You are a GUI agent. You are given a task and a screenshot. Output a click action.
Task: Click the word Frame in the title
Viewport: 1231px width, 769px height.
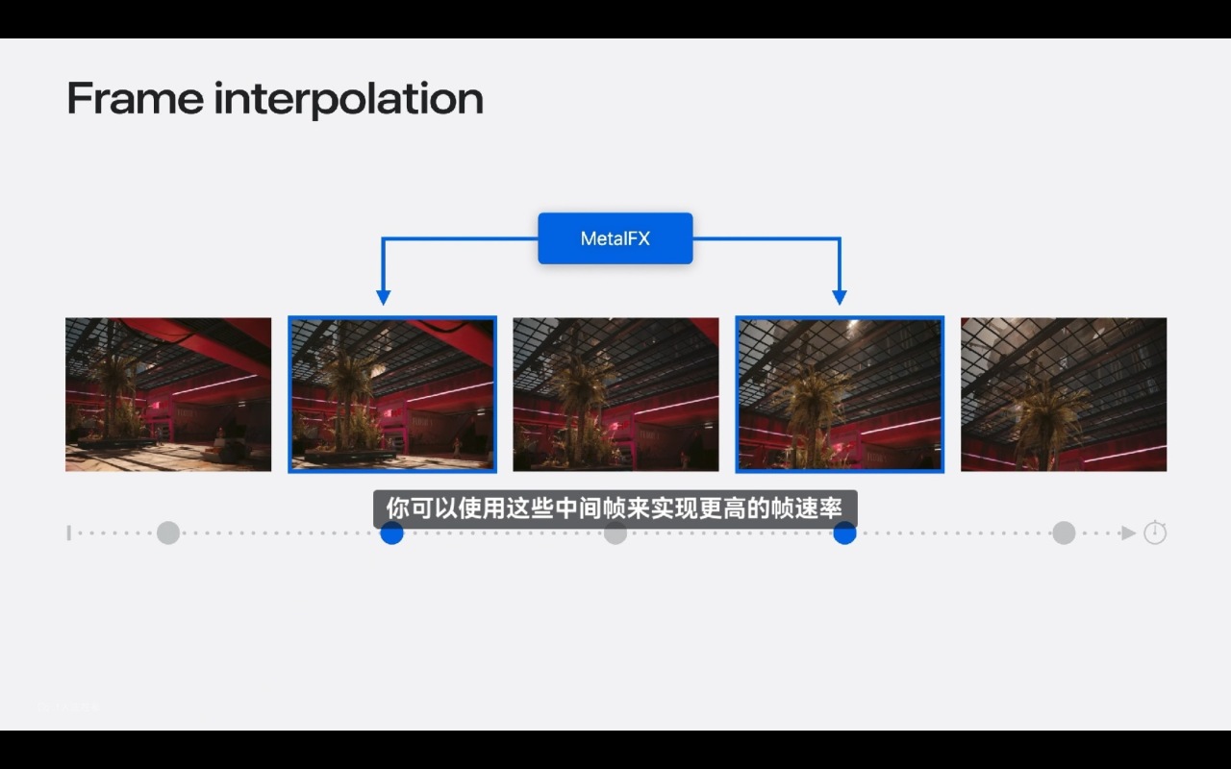(x=136, y=98)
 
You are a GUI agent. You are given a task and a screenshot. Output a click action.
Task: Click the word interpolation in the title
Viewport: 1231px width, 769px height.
(x=349, y=99)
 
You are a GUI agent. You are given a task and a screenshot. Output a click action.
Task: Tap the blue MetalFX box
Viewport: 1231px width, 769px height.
(x=615, y=238)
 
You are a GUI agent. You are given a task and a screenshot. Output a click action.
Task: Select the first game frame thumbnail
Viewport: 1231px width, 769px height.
(x=168, y=394)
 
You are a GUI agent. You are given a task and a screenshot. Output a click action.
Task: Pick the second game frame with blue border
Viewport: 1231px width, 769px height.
(x=392, y=394)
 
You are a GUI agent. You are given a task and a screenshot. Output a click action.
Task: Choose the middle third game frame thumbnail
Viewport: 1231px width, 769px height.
(x=615, y=394)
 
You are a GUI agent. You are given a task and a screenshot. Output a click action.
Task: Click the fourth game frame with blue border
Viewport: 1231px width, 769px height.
(x=840, y=394)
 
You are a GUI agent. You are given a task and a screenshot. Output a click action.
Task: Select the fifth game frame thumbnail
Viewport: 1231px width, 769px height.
(x=1064, y=394)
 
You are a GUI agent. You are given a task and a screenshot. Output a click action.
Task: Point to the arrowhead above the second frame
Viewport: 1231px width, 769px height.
(x=383, y=298)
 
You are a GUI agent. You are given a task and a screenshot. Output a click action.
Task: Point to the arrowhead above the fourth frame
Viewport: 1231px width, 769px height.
(x=840, y=298)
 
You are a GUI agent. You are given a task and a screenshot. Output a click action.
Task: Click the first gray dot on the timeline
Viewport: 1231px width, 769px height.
(x=168, y=533)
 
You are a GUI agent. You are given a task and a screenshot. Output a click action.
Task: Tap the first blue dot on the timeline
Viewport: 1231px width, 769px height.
(x=391, y=533)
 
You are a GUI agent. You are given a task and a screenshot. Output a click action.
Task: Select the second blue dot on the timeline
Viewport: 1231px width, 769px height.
(x=844, y=533)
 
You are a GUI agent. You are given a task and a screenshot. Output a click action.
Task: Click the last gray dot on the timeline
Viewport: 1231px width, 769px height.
(x=1064, y=533)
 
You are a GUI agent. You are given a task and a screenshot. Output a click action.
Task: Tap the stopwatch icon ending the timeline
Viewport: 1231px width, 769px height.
(x=1155, y=533)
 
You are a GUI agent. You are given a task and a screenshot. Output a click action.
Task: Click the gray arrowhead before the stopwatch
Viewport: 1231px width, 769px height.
(x=1128, y=533)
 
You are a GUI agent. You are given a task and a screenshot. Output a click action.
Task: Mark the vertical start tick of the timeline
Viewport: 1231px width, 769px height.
(x=68, y=533)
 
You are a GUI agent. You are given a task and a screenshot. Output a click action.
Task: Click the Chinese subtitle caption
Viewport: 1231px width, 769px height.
(x=615, y=509)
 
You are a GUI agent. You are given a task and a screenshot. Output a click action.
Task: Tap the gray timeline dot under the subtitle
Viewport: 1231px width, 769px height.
(x=615, y=533)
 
